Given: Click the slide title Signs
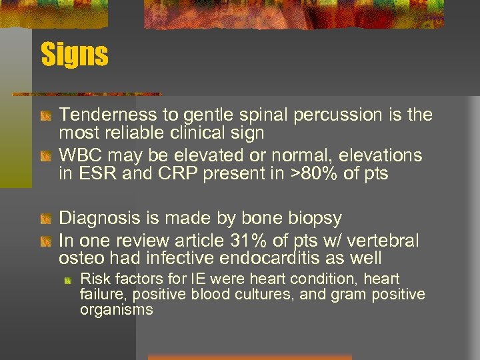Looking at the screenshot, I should click(74, 55).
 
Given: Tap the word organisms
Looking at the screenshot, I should click(116, 310).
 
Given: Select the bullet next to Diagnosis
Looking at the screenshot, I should click(45, 219).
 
